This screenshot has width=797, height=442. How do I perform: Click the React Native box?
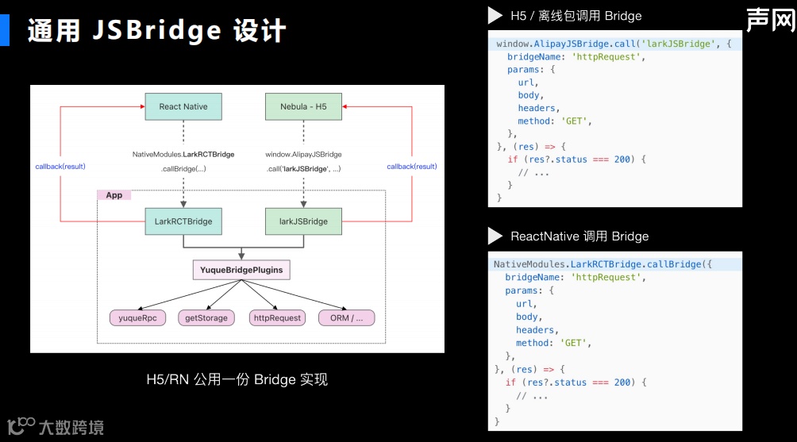click(183, 106)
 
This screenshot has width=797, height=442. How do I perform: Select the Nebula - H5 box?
click(303, 106)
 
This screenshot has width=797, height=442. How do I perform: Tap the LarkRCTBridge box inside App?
click(183, 221)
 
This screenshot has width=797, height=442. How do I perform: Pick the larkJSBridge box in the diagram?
click(303, 221)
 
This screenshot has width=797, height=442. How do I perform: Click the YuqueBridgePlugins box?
click(241, 270)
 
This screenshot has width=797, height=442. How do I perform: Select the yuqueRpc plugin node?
click(137, 318)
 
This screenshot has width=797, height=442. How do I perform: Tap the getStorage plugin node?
click(206, 318)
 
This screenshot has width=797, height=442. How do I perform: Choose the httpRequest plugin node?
click(276, 318)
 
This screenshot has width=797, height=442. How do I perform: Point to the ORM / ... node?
click(346, 318)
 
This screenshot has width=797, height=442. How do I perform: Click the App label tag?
click(114, 195)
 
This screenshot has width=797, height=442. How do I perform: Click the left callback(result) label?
click(60, 167)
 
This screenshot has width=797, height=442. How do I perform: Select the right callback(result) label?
click(412, 167)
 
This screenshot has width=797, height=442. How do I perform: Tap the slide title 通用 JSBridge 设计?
click(156, 30)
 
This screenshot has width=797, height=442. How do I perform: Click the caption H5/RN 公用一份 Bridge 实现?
click(237, 379)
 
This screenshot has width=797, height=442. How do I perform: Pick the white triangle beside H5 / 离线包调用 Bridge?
click(495, 15)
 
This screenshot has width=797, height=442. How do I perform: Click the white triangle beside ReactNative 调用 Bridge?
click(495, 236)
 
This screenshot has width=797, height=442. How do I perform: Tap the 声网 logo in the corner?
click(770, 20)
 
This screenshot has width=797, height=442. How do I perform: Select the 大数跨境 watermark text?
click(71, 427)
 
